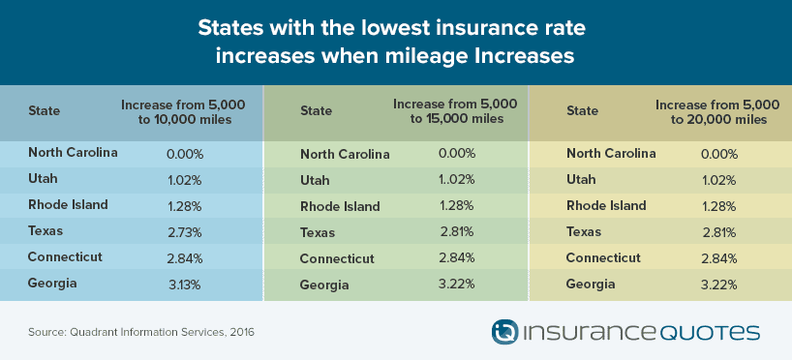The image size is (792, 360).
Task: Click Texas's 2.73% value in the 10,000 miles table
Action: [184, 232]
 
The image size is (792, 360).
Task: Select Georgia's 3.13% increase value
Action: [184, 285]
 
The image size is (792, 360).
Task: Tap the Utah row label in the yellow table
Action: [581, 180]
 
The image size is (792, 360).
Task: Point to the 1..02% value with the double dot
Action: [456, 179]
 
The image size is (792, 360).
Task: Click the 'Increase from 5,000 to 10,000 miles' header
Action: [183, 112]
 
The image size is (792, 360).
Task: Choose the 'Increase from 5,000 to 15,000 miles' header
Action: [455, 111]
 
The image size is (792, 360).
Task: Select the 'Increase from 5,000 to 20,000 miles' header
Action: [717, 112]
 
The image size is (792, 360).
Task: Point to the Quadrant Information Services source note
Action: [141, 333]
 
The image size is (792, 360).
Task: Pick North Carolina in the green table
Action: [345, 154]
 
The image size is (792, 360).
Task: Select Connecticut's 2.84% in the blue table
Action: [185, 258]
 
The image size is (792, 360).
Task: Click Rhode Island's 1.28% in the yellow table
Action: [719, 206]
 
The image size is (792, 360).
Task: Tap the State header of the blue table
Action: [44, 110]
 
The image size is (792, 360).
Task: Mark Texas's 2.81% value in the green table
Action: [457, 231]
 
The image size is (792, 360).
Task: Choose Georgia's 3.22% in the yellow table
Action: [719, 285]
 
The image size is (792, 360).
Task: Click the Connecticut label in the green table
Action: [337, 258]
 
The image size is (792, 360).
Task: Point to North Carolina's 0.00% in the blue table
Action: [185, 154]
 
